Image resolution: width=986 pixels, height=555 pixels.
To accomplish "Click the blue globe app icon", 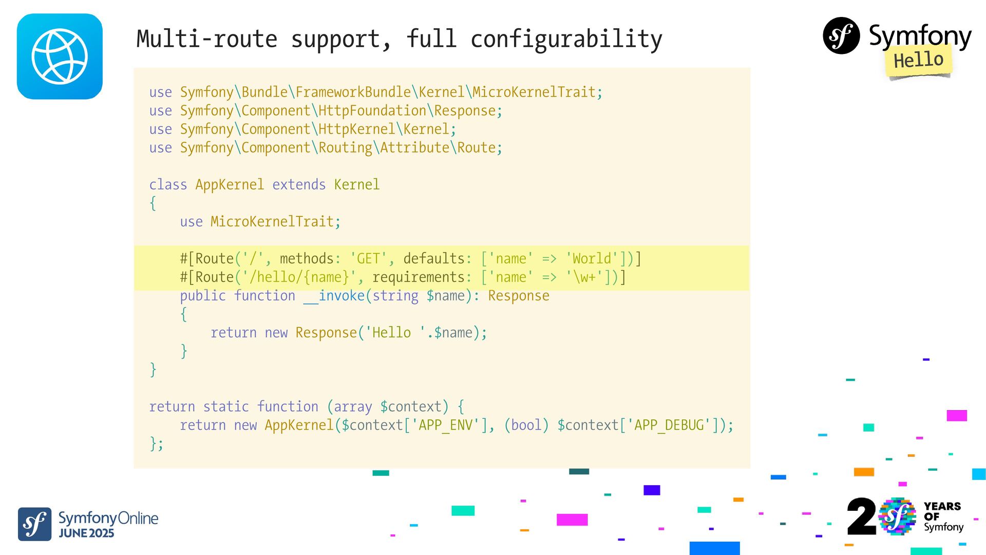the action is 60,57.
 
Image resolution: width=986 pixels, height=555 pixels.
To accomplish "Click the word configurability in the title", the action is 566,39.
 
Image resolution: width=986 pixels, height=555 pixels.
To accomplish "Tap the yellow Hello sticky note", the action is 918,61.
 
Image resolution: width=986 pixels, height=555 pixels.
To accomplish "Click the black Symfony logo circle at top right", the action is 841,35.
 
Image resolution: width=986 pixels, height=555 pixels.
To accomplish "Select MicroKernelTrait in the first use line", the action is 534,92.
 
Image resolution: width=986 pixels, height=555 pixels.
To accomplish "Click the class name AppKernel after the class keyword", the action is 230,184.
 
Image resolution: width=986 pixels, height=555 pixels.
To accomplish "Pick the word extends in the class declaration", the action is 299,184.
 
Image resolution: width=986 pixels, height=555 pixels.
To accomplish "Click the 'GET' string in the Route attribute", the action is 368,258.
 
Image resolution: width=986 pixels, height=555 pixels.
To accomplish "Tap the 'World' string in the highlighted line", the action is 592,258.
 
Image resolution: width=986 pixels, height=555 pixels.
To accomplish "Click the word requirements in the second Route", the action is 418,277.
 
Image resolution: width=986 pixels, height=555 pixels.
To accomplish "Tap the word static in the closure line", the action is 226,406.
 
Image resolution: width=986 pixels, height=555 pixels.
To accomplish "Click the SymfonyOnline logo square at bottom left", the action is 34,524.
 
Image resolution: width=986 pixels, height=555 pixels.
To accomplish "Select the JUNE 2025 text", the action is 86,533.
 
